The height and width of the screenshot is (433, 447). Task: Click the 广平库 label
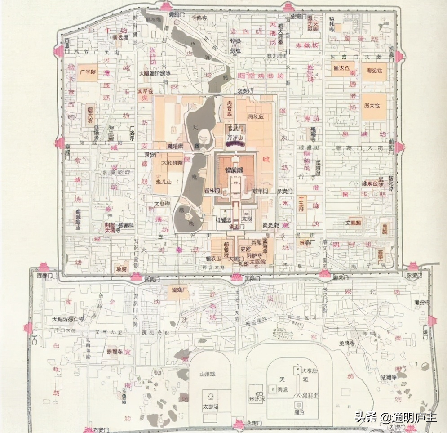point(87,72)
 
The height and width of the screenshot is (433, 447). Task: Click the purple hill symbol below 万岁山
point(235,144)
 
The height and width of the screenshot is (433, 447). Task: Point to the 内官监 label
point(230,108)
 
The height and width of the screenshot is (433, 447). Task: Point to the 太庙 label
point(247,219)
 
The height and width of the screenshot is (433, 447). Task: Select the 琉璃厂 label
point(178,290)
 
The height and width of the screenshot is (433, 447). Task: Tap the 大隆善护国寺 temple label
point(155,73)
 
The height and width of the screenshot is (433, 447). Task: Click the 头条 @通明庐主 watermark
point(395,417)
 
